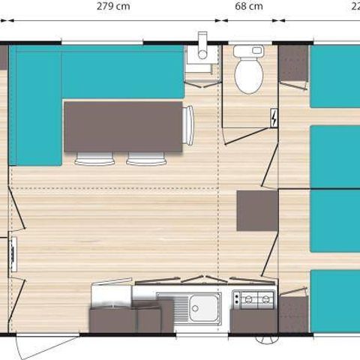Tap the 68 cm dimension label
(x=249, y=7)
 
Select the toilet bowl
(x=247, y=76)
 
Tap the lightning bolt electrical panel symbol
(x=274, y=118)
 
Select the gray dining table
(x=124, y=126)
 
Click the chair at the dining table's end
(x=188, y=125)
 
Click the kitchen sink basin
(x=204, y=306)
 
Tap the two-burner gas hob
(x=253, y=300)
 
